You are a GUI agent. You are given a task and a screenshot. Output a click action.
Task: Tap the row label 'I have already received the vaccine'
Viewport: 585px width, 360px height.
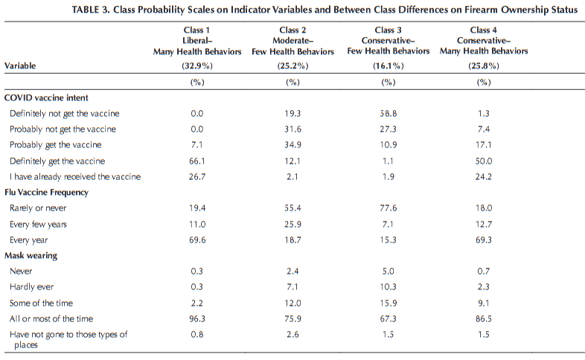coord(74,176)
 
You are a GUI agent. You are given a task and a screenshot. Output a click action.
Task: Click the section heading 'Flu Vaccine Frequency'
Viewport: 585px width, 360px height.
coord(47,192)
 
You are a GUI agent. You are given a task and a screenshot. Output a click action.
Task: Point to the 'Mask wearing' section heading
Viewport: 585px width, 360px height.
coord(31,255)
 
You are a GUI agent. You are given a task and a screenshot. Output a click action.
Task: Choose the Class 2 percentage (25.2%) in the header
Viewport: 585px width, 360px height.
coord(287,65)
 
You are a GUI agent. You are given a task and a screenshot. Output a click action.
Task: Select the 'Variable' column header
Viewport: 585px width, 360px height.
coord(21,65)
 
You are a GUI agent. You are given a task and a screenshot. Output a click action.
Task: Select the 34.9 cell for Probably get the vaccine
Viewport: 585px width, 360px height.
coord(287,144)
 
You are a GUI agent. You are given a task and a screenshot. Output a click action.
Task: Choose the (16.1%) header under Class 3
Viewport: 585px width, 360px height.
coord(388,65)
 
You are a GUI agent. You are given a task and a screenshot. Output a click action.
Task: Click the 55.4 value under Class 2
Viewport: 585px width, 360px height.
coord(287,208)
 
